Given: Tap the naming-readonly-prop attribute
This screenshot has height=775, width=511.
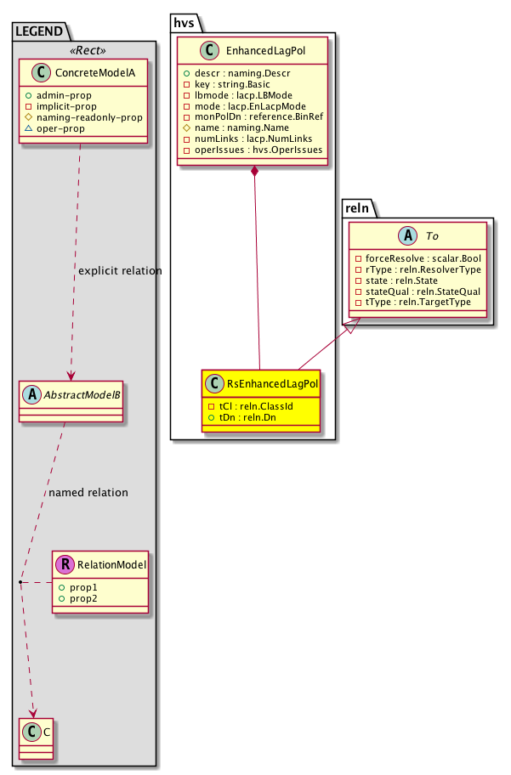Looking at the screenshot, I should click(x=94, y=116).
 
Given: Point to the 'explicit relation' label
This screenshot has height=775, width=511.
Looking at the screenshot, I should click(x=119, y=271).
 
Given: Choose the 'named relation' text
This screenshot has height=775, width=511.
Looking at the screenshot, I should click(x=88, y=492).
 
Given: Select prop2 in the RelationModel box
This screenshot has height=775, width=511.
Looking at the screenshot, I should click(x=82, y=598).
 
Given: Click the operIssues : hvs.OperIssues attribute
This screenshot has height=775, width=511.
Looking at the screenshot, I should click(x=258, y=150).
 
